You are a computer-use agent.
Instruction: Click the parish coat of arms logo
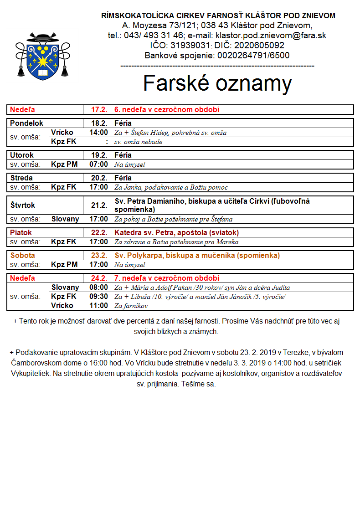43,56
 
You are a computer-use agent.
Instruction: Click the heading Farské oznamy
217,83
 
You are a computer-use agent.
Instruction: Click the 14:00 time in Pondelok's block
99,133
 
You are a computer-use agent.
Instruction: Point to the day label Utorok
22,155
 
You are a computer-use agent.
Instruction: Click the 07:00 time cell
99,164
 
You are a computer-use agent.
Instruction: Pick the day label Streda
21,178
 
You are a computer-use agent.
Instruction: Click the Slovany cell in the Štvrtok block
65,219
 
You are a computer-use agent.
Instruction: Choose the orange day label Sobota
23,255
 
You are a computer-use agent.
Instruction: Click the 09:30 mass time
99,296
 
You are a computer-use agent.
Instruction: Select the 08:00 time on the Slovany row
99,287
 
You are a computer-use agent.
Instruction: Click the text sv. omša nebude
138,142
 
